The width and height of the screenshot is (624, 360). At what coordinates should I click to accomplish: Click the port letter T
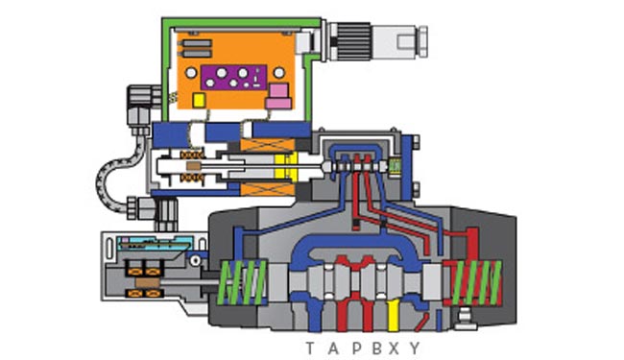click(310, 348)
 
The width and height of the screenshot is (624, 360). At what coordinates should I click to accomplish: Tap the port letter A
click(333, 348)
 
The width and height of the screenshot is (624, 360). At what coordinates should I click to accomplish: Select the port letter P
click(356, 348)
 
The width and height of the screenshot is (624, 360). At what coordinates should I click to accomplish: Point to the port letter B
click(376, 348)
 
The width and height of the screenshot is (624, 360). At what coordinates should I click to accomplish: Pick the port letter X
click(394, 348)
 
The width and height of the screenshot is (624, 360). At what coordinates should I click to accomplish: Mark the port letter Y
click(415, 348)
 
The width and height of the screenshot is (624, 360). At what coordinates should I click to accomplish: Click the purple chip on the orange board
click(233, 78)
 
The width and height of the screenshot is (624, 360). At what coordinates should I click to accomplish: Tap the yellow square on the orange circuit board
click(199, 100)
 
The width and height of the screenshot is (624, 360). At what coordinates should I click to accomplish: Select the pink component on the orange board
click(278, 96)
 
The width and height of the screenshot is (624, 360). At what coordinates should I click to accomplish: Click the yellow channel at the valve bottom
click(393, 315)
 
